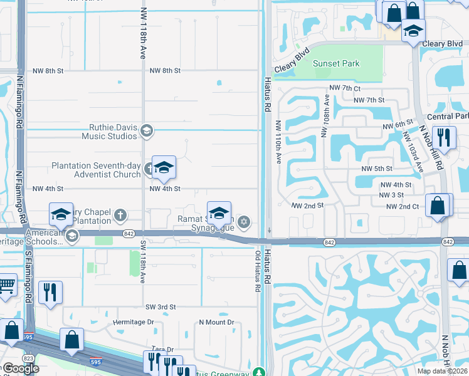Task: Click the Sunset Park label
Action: tap(336, 63)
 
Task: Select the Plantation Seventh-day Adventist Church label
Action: tap(96, 170)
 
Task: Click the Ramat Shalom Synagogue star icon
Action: tap(244, 221)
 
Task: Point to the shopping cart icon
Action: tap(6, 286)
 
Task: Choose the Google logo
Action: tap(20, 368)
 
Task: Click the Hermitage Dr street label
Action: tap(133, 322)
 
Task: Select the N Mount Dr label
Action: tap(216, 322)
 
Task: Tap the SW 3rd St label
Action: tap(161, 307)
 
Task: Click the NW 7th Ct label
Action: tap(345, 90)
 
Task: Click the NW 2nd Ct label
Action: tap(402, 206)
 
